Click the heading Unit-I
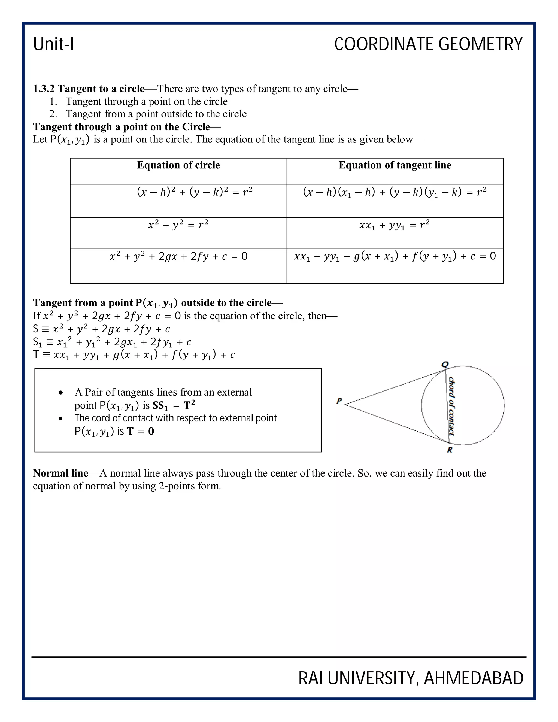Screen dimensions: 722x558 54,44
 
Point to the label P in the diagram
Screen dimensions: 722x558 339,401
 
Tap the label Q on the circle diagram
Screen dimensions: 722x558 445,365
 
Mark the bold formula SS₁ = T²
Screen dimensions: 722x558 174,405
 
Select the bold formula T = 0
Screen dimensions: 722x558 141,431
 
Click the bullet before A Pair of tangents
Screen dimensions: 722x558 60,393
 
